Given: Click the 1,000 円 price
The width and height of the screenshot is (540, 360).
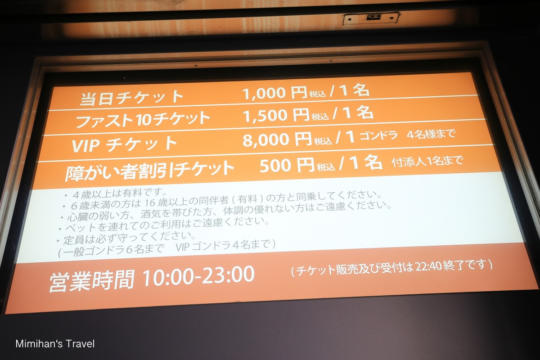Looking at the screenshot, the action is coord(274,93).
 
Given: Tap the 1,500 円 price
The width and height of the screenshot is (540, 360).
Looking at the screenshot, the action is coord(276,115).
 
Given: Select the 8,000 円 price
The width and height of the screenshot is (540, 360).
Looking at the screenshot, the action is coord(277,139).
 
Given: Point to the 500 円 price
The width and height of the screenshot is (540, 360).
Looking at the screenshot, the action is coord(287,165).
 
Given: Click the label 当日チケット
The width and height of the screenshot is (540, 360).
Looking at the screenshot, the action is coord(131,97).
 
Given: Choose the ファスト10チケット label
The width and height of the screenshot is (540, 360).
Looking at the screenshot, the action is coord(143,119).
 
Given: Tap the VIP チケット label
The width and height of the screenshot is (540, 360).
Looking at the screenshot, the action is coord(124,144).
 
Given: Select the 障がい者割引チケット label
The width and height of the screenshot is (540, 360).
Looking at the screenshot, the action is coord(149,171).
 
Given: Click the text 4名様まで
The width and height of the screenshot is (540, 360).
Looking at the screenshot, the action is coord(431,134).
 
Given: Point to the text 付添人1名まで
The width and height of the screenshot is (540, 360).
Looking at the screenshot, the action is coord(427,161).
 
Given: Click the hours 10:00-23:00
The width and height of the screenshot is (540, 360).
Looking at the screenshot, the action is coord(198,276).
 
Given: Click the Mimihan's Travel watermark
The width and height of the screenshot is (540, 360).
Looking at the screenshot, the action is coord(55,344).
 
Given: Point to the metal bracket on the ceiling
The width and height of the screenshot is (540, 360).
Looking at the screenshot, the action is coord(371,18).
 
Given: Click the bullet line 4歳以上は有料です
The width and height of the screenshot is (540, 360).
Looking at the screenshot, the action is coord(116,193).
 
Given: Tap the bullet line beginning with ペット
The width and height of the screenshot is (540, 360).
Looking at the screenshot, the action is coord(164,225).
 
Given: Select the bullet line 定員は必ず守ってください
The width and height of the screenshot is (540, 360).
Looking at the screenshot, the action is coord(126,238).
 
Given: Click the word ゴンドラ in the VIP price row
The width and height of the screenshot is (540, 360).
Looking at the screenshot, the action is coord(378,135).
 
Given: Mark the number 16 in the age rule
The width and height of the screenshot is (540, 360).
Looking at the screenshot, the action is coord(150,203).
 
